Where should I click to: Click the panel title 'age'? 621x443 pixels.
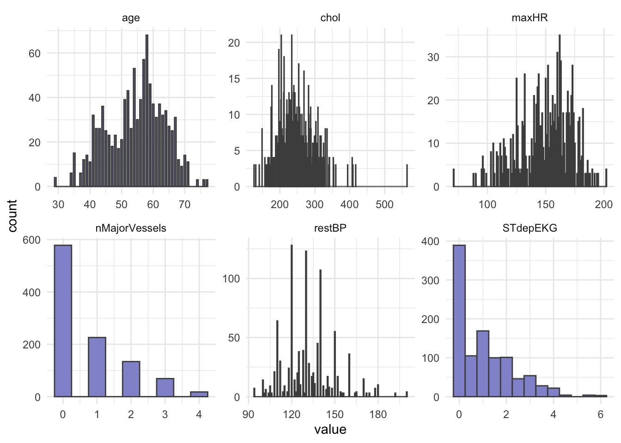click(x=131, y=18)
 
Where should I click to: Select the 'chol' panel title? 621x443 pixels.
click(x=330, y=18)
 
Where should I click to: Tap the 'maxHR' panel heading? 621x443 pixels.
click(x=530, y=18)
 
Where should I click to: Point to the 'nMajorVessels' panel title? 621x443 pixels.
click(x=131, y=228)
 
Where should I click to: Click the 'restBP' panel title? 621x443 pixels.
click(x=330, y=228)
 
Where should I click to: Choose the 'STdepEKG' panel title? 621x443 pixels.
click(x=530, y=228)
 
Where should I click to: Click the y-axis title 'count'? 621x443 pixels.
click(x=12, y=216)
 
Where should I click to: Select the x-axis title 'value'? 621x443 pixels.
click(x=330, y=430)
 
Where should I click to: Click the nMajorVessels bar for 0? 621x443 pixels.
click(x=63, y=321)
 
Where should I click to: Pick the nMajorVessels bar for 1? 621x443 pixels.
click(x=97, y=367)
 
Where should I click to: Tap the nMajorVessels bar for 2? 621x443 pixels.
click(x=131, y=379)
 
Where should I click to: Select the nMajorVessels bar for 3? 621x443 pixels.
click(x=165, y=388)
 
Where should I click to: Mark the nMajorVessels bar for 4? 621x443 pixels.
click(x=199, y=394)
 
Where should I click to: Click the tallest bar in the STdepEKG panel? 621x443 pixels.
click(x=459, y=321)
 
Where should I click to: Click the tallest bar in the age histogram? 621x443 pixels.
click(x=147, y=111)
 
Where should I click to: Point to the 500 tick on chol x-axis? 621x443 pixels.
click(x=384, y=204)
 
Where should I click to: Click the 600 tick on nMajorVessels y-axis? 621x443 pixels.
click(x=31, y=240)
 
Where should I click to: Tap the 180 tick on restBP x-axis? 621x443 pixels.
click(x=378, y=414)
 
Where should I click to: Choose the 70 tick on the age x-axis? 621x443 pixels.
click(x=184, y=204)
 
